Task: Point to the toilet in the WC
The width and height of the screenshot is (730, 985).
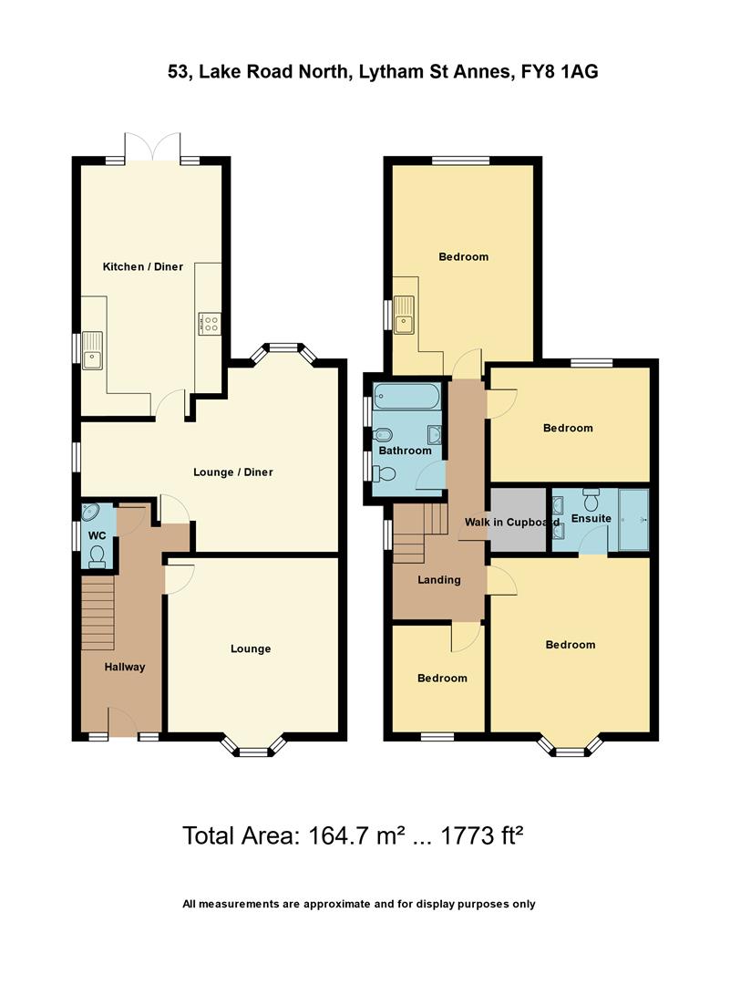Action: coord(98,555)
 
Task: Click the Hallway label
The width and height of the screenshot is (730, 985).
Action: coord(124,667)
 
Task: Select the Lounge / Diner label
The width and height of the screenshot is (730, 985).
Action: coord(233,472)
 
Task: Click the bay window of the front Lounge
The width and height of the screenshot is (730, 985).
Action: coord(256,750)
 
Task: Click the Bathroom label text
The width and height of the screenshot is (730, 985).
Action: coord(405,451)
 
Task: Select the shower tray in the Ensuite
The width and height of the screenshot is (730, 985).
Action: coord(633,520)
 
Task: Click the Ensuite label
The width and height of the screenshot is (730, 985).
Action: coord(591,519)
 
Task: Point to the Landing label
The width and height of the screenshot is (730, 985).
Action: coord(439,579)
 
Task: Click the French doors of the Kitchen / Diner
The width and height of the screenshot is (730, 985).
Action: coord(152,150)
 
